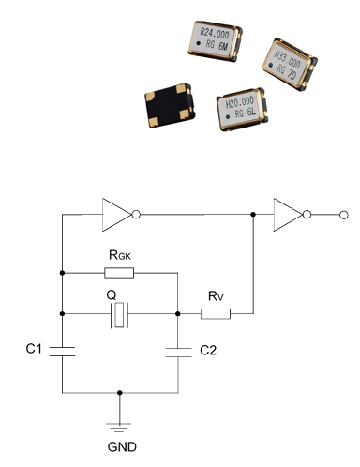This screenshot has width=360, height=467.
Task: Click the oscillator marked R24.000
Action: [x=216, y=41]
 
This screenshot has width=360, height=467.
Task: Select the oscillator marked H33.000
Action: [x=290, y=65]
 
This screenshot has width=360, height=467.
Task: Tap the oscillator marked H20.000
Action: [x=243, y=109]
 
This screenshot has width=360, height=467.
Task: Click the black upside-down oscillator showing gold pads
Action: [x=170, y=105]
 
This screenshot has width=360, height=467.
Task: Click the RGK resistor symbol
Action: [x=119, y=273]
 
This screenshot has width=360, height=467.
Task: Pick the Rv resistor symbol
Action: [x=216, y=314]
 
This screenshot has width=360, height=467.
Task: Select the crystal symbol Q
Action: [x=119, y=315]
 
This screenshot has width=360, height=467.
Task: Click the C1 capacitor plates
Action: [x=62, y=352]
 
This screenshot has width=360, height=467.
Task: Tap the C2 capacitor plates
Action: [x=178, y=353]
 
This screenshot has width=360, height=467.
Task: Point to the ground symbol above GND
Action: [x=119, y=428]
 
